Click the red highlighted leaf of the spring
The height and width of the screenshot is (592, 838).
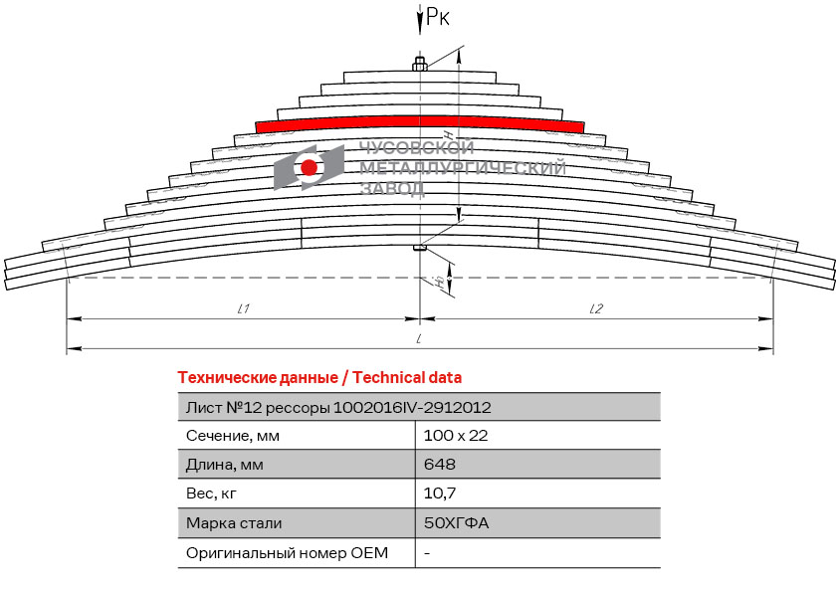pyautogui.click(x=420, y=123)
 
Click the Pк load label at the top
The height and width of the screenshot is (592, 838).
pyautogui.click(x=438, y=16)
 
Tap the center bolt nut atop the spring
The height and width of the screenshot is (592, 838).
pyautogui.click(x=420, y=66)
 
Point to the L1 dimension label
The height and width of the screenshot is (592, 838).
pyautogui.click(x=244, y=308)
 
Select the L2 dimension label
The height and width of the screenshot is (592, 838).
pyautogui.click(x=596, y=308)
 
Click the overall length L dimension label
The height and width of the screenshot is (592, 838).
pyautogui.click(x=419, y=338)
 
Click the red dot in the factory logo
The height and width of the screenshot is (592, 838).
pyautogui.click(x=309, y=167)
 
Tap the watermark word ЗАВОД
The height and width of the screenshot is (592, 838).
pyautogui.click(x=392, y=188)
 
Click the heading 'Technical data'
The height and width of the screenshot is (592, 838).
pyautogui.click(x=407, y=378)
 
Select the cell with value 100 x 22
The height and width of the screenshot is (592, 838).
pyautogui.click(x=456, y=436)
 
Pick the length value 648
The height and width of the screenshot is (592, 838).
pyautogui.click(x=440, y=464)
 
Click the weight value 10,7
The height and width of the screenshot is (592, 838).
pyautogui.click(x=440, y=493)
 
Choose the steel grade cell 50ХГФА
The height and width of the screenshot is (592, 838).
pyautogui.click(x=457, y=522)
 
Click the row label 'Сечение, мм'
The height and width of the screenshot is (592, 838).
pyautogui.click(x=233, y=436)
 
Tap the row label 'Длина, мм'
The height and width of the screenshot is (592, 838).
pyautogui.click(x=225, y=465)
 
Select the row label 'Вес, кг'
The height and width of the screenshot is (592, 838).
pyautogui.click(x=211, y=493)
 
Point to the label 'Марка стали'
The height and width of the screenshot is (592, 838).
pyautogui.click(x=234, y=523)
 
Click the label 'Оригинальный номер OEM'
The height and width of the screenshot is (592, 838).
pyautogui.click(x=287, y=552)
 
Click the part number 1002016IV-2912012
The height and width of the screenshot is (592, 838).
pyautogui.click(x=412, y=408)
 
